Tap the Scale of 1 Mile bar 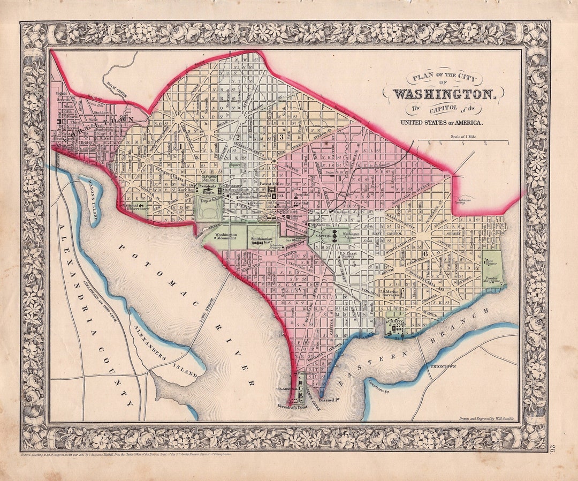coord(463,141)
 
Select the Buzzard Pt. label coord(330,400)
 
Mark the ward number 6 coord(424,253)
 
